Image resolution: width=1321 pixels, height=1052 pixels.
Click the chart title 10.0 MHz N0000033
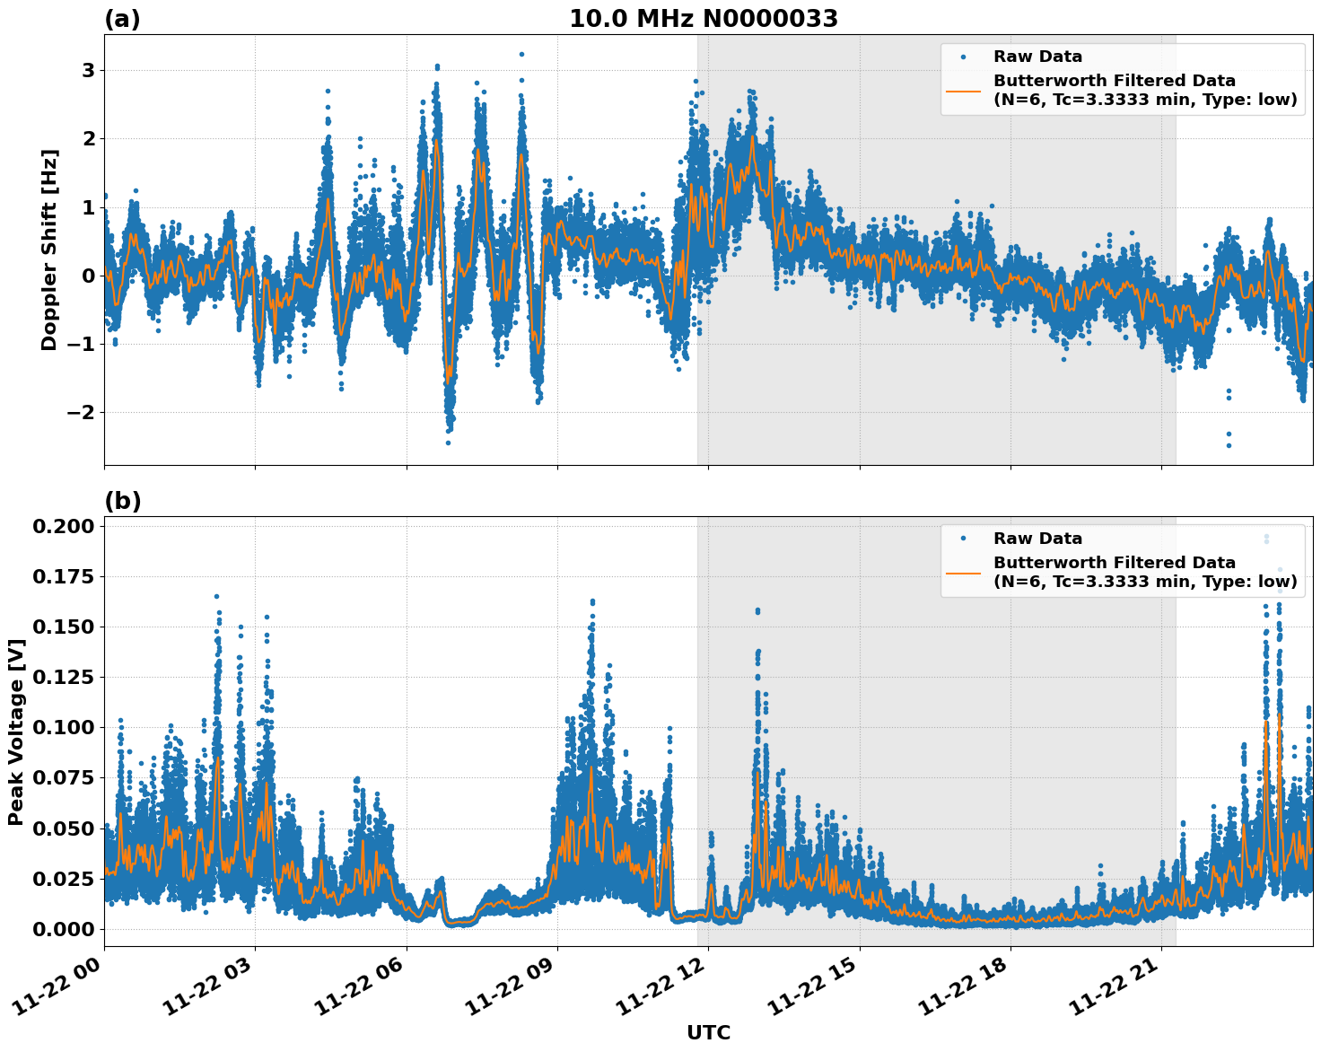point(703,19)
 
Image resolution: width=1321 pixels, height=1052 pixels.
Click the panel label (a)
point(122,19)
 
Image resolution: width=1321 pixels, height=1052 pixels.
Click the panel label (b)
point(122,501)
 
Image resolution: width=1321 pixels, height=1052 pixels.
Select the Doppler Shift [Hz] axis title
point(49,250)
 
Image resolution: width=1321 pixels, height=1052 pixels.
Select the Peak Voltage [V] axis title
point(15,732)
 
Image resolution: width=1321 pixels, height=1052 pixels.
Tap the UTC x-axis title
point(708,1032)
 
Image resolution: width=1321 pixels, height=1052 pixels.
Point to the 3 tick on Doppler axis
point(88,70)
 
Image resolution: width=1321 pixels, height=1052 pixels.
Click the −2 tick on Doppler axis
point(81,413)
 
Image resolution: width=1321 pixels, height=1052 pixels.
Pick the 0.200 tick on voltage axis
point(63,526)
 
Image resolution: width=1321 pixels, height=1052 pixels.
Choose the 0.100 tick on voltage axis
point(63,727)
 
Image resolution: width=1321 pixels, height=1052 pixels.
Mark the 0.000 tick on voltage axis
point(63,929)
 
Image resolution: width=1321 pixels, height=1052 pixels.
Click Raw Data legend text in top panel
point(1037,57)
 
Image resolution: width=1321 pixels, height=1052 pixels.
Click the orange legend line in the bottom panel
point(963,572)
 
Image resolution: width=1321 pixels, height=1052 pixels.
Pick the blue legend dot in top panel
point(963,57)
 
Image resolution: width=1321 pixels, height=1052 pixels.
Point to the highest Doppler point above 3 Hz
point(521,54)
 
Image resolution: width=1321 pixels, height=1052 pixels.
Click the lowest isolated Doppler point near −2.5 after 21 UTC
point(1229,445)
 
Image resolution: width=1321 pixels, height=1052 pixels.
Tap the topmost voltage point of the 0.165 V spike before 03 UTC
point(216,596)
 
